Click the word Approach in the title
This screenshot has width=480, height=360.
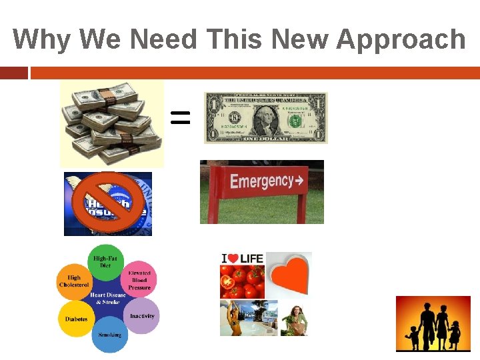401,40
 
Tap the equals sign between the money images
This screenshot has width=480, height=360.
180,119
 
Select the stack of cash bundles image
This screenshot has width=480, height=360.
111,123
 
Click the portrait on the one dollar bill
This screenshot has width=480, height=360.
265,117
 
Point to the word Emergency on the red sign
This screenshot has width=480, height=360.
261,181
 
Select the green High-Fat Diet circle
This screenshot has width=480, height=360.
106,261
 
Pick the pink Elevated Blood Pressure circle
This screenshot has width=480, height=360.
139,279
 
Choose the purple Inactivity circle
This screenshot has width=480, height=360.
141,316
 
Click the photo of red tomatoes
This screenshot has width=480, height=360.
242,283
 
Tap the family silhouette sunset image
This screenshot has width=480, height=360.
433,323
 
